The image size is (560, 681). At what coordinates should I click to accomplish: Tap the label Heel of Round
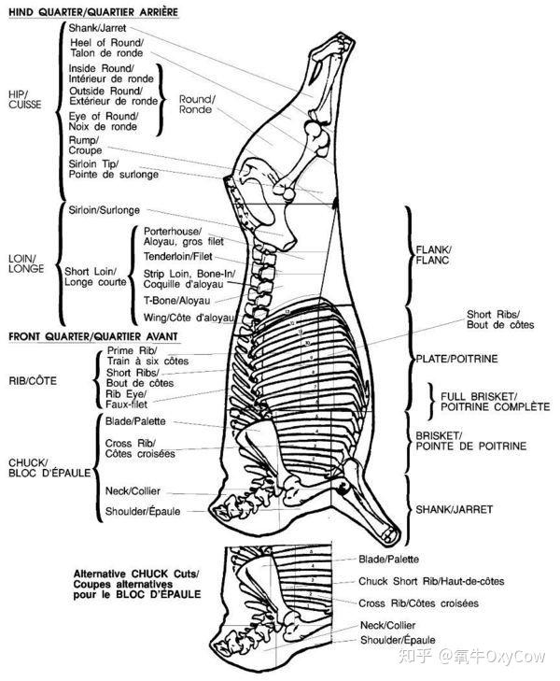click(105, 48)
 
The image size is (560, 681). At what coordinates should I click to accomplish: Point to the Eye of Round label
click(103, 121)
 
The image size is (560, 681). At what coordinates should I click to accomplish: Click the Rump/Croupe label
click(85, 145)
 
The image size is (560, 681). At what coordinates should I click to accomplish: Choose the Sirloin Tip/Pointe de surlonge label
click(113, 169)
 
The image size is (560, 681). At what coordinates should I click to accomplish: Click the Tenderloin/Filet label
click(178, 256)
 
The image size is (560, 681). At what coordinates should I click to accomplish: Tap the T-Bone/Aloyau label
click(176, 301)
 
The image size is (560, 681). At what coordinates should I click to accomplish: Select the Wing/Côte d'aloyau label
click(189, 318)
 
